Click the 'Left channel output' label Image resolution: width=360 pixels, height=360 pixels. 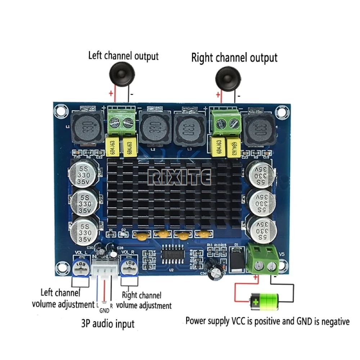123,56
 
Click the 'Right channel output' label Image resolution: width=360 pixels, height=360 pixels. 234,58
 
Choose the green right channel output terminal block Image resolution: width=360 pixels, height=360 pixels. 226,122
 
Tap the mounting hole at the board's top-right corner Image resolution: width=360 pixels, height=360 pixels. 280,112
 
